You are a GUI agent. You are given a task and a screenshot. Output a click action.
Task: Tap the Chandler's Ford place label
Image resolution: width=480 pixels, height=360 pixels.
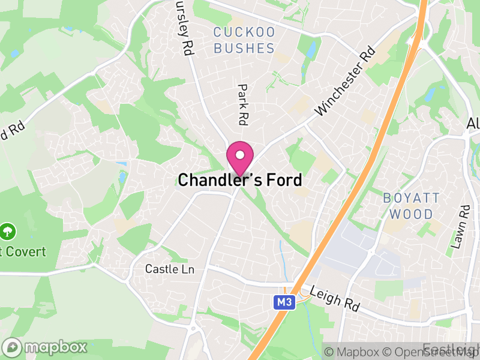coord(240,180)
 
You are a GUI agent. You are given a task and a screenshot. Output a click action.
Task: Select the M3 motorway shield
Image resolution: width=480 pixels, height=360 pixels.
coord(285,303)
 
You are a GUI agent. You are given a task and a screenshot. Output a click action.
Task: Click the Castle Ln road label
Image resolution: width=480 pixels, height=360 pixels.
coord(170,269)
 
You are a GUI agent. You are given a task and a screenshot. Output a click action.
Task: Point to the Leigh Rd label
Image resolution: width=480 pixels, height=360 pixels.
coord(335,298)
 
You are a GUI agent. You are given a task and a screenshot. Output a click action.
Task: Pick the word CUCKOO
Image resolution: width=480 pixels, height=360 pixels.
coord(244,32)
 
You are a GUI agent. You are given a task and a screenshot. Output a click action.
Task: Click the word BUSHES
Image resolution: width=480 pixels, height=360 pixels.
coord(244,49)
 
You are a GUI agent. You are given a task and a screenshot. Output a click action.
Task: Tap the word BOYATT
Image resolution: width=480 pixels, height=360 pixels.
coord(411,198)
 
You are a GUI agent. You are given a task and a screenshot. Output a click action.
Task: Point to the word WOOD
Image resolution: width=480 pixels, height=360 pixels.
coord(411,214)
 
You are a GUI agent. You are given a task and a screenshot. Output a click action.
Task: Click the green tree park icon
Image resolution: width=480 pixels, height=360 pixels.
coord(8,230)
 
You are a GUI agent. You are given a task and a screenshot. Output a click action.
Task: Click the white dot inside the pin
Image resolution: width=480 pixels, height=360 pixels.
coord(240,155)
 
